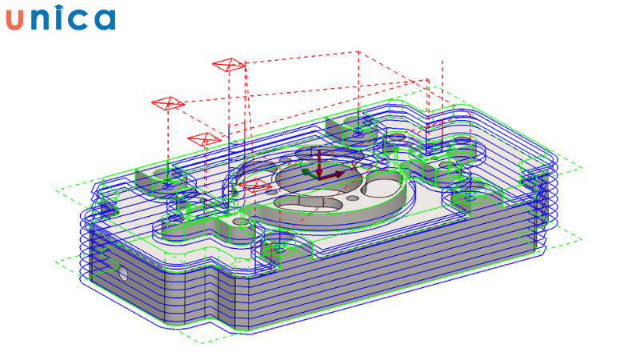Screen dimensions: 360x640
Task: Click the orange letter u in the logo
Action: click(x=14, y=19)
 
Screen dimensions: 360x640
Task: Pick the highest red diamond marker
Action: click(x=230, y=65)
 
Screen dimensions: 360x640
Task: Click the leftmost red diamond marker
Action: click(x=168, y=103)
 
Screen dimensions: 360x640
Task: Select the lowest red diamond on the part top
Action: click(x=254, y=186)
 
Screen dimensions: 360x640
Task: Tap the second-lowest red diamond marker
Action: click(x=204, y=139)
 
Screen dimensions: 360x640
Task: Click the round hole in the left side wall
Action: click(x=122, y=274)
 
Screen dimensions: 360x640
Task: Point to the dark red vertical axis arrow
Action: click(x=319, y=159)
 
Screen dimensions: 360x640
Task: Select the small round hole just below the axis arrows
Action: click(x=352, y=197)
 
